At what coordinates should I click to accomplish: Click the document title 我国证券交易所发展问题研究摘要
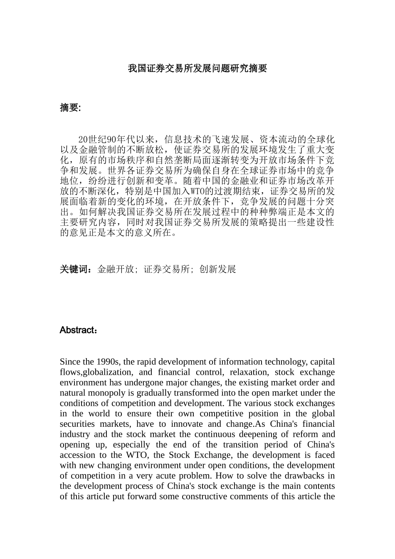(x=197, y=69)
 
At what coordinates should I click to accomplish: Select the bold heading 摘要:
(x=70, y=108)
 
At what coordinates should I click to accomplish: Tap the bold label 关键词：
(x=76, y=269)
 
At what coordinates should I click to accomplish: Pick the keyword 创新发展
(x=217, y=269)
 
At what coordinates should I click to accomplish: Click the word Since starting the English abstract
(x=69, y=362)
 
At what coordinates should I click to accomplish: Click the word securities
(x=77, y=424)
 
